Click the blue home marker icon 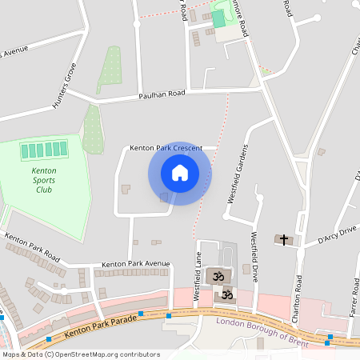(x=180, y=173)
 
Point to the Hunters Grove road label (x=64, y=86)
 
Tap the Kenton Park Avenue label (x=136, y=263)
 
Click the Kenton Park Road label (x=32, y=247)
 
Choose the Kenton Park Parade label (x=99, y=325)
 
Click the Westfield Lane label (x=198, y=276)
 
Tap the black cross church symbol (x=283, y=239)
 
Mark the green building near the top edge (x=218, y=18)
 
